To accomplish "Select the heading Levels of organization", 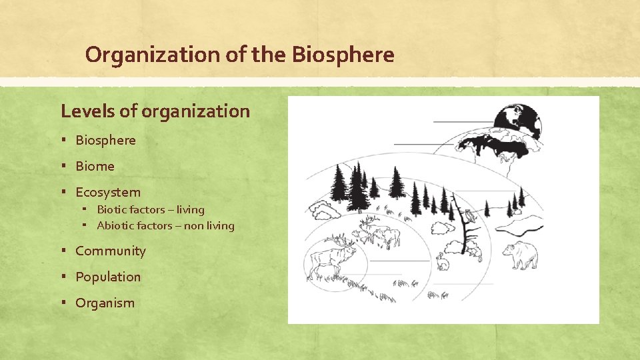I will [155, 111].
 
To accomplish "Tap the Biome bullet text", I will [95, 166].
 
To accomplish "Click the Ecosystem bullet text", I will [108, 192].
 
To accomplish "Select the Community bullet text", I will [110, 251].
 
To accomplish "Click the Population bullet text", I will [108, 277].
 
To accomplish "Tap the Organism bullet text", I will [105, 303].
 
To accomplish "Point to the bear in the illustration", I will [521, 255].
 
